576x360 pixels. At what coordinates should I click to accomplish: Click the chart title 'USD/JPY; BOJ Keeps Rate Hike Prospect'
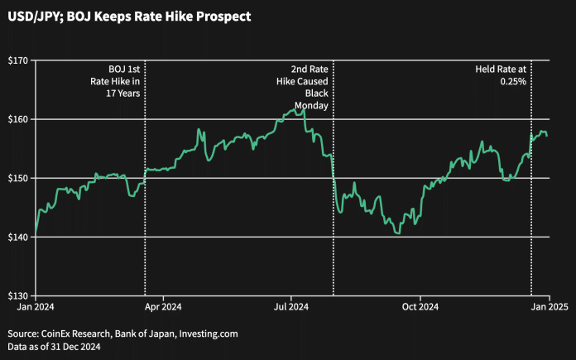(130, 16)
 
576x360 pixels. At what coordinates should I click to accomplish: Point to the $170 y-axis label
(18, 60)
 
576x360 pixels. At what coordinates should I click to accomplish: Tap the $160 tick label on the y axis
(18, 119)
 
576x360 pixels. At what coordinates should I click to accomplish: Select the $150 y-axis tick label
(18, 178)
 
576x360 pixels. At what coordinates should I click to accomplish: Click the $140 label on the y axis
(18, 237)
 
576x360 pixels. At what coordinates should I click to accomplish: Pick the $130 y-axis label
(18, 295)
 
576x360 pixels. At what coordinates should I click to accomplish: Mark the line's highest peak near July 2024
(304, 108)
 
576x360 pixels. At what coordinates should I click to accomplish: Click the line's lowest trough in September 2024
(399, 234)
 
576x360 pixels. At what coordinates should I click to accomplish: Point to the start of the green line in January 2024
(36, 233)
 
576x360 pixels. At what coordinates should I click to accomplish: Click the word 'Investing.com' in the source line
(204, 334)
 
